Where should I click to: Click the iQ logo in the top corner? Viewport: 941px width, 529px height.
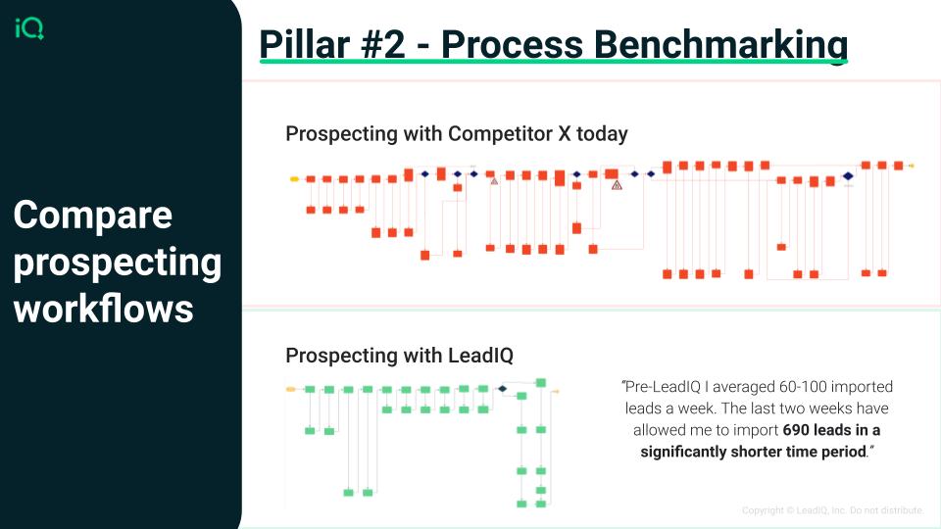pyautogui.click(x=28, y=28)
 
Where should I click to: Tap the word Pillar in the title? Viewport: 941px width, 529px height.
pyautogui.click(x=304, y=44)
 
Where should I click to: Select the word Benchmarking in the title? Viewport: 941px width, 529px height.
pyautogui.click(x=644, y=45)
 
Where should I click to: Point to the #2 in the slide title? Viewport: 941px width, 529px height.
pyautogui.click(x=383, y=44)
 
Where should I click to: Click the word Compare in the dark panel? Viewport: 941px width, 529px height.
pyautogui.click(x=93, y=216)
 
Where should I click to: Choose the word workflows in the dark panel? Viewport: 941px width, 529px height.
pyautogui.click(x=103, y=309)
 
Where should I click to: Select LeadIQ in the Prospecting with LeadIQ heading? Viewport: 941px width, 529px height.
pyautogui.click(x=480, y=355)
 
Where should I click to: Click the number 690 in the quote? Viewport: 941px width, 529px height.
pyautogui.click(x=796, y=430)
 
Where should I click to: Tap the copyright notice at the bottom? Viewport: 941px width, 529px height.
pyautogui.click(x=832, y=510)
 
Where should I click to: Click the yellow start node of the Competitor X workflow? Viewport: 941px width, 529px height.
pyautogui.click(x=294, y=178)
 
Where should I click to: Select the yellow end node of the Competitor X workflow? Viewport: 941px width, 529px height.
pyautogui.click(x=911, y=166)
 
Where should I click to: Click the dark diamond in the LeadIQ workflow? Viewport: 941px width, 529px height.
pyautogui.click(x=502, y=389)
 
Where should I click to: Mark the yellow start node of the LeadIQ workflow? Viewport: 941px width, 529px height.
pyautogui.click(x=291, y=389)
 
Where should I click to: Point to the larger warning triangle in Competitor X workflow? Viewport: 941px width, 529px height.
pyautogui.click(x=617, y=185)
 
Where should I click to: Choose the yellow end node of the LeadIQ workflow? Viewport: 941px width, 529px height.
pyautogui.click(x=556, y=391)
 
